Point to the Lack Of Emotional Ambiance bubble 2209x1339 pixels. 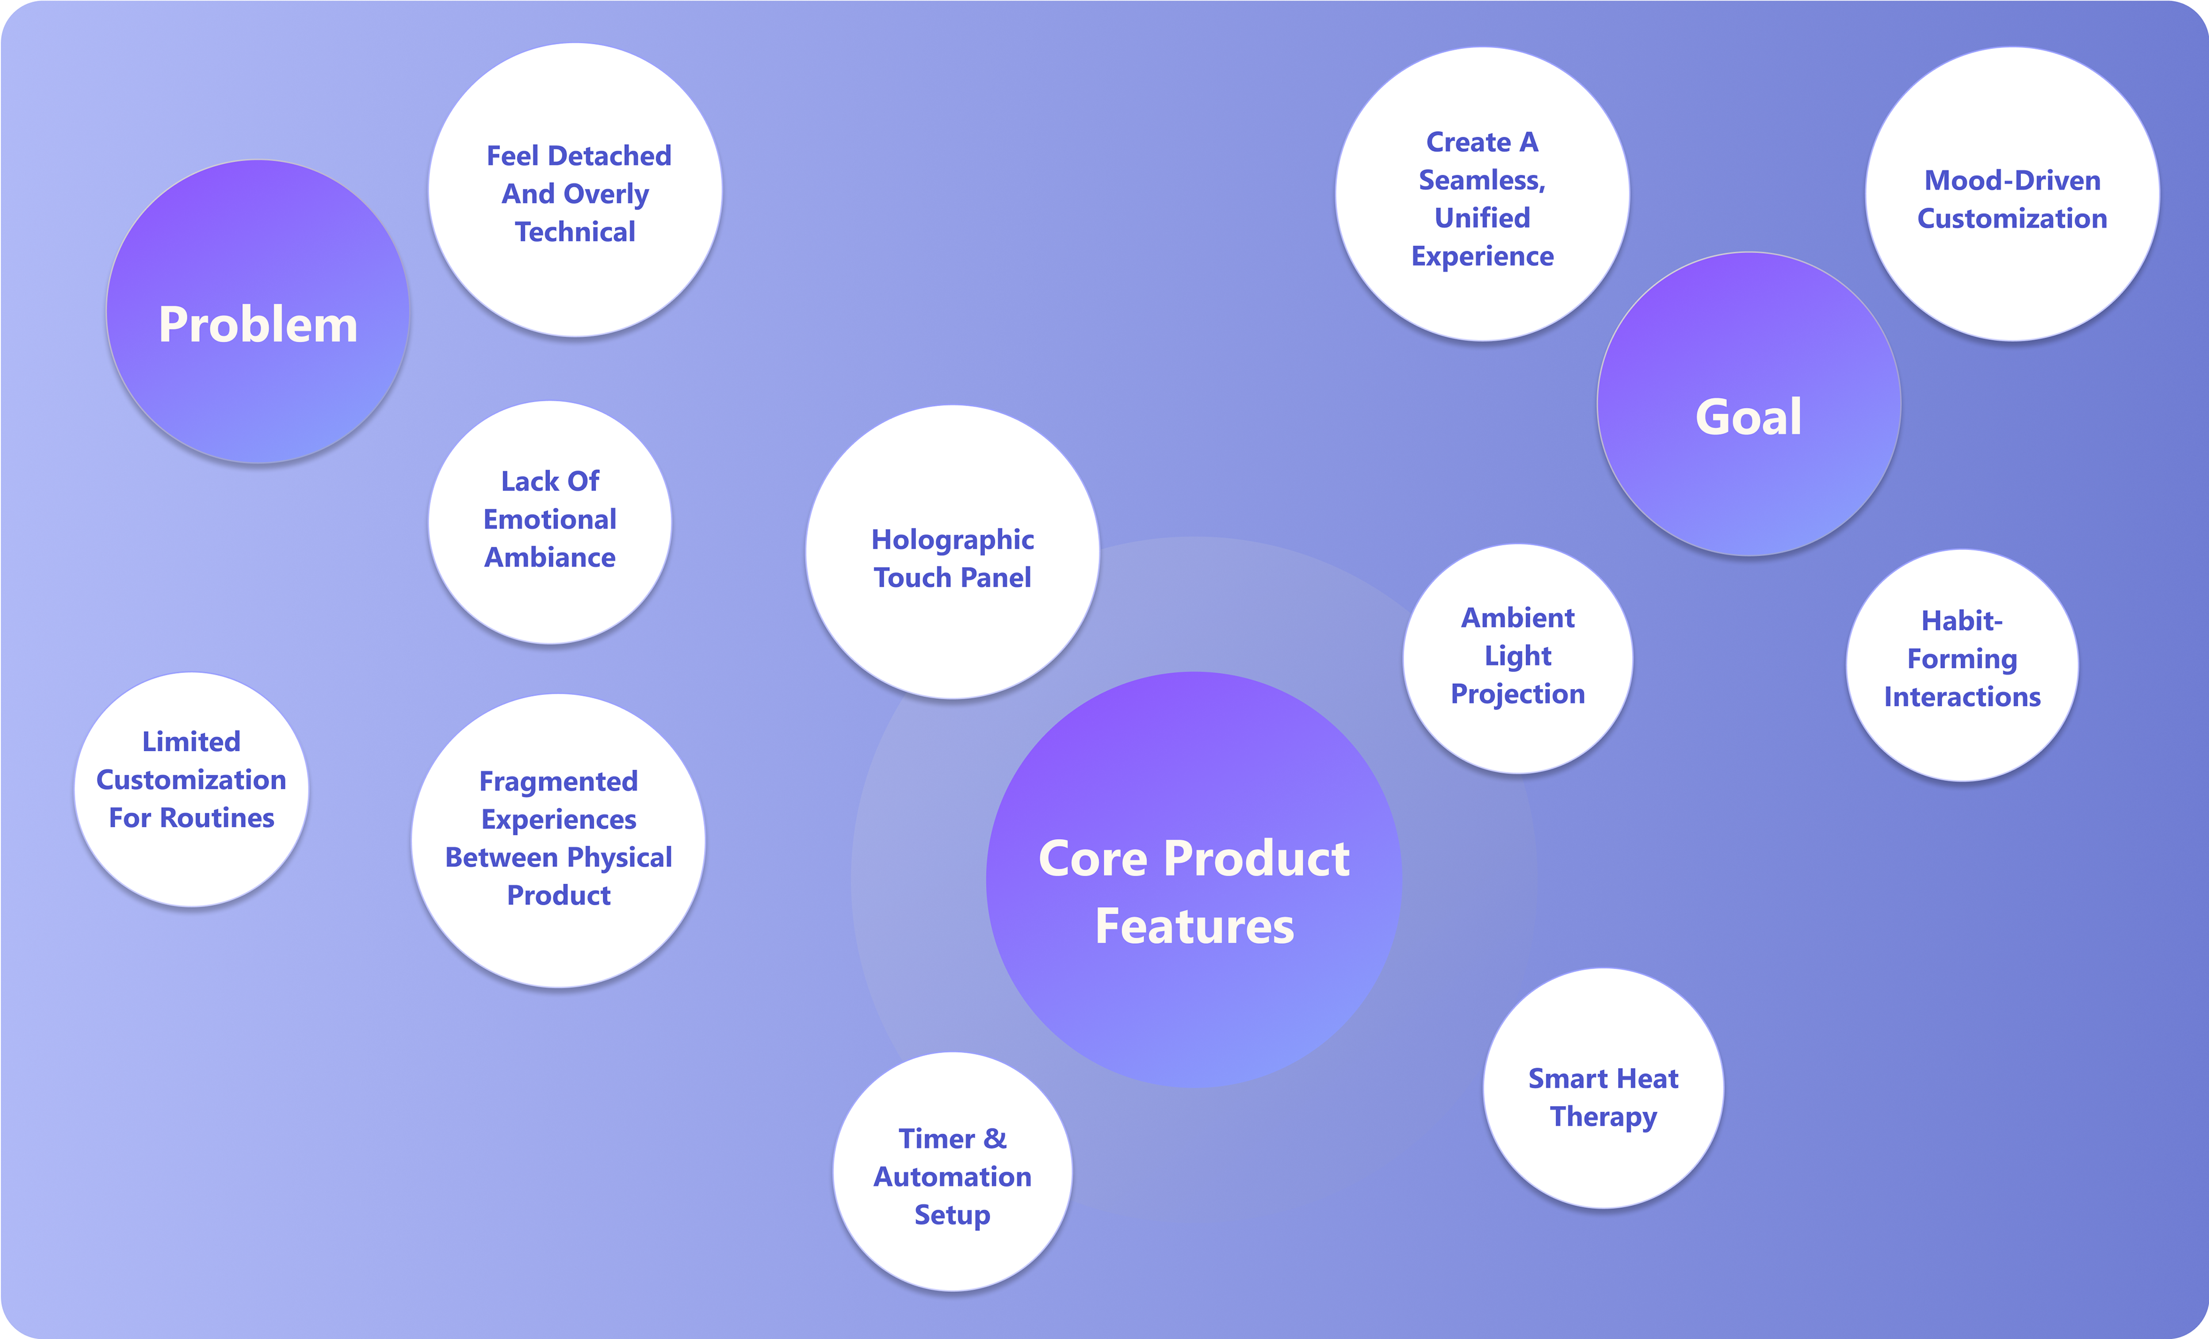click(549, 522)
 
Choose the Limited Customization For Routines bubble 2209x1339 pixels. click(191, 789)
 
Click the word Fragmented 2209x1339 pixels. click(559, 782)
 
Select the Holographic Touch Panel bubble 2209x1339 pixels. click(952, 552)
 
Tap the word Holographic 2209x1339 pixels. click(952, 540)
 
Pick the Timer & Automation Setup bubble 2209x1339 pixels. click(952, 1172)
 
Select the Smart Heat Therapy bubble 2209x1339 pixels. click(1603, 1088)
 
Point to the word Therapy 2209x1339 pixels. click(1603, 1117)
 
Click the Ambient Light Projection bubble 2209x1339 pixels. click(1518, 658)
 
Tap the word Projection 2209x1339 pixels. click(1518, 694)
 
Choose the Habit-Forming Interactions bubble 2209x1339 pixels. click(1962, 665)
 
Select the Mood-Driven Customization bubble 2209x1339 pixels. click(2012, 194)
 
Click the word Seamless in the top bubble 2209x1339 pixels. click(1481, 180)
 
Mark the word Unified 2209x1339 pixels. click(1482, 218)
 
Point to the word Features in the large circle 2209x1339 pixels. click(1194, 926)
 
